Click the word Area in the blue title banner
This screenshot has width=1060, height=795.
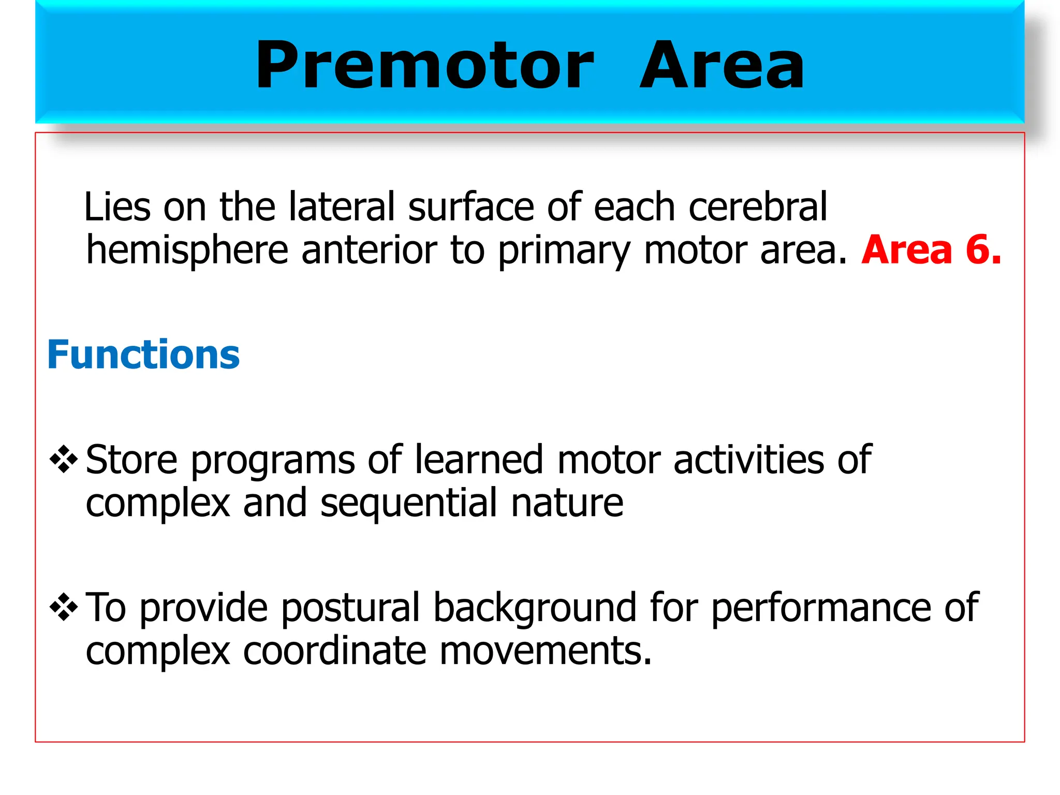click(x=722, y=66)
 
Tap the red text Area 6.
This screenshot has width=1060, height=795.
click(x=931, y=250)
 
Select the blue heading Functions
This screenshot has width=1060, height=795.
click(x=143, y=355)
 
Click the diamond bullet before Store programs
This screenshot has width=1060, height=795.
click(x=64, y=459)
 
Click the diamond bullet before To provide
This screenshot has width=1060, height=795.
click(x=64, y=607)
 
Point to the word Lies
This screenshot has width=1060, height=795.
click(x=117, y=207)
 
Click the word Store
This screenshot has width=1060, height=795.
click(x=131, y=460)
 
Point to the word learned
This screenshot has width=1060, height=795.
click(x=479, y=460)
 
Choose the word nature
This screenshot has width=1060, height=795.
click(x=567, y=504)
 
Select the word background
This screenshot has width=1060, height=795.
click(x=535, y=608)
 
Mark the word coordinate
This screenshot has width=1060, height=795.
click(x=334, y=651)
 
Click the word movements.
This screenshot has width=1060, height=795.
click(x=545, y=651)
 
